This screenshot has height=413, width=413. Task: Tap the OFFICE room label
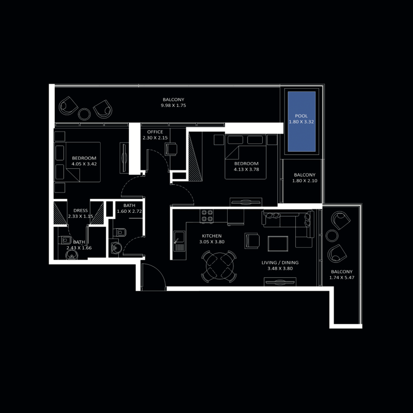click(x=155, y=132)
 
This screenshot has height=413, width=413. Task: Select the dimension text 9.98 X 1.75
click(x=173, y=105)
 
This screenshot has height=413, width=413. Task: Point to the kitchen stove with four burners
click(x=207, y=216)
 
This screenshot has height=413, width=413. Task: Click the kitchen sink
click(x=180, y=241)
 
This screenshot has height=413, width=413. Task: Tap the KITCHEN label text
click(x=212, y=236)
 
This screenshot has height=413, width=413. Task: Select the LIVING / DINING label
click(x=280, y=263)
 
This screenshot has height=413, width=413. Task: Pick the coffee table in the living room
click(x=279, y=243)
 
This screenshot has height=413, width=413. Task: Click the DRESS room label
click(x=81, y=211)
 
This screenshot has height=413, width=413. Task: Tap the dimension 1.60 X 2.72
click(x=129, y=212)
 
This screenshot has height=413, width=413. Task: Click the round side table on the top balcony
click(x=84, y=114)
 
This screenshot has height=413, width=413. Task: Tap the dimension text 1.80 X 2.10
click(x=304, y=181)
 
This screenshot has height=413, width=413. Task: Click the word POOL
click(x=301, y=116)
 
